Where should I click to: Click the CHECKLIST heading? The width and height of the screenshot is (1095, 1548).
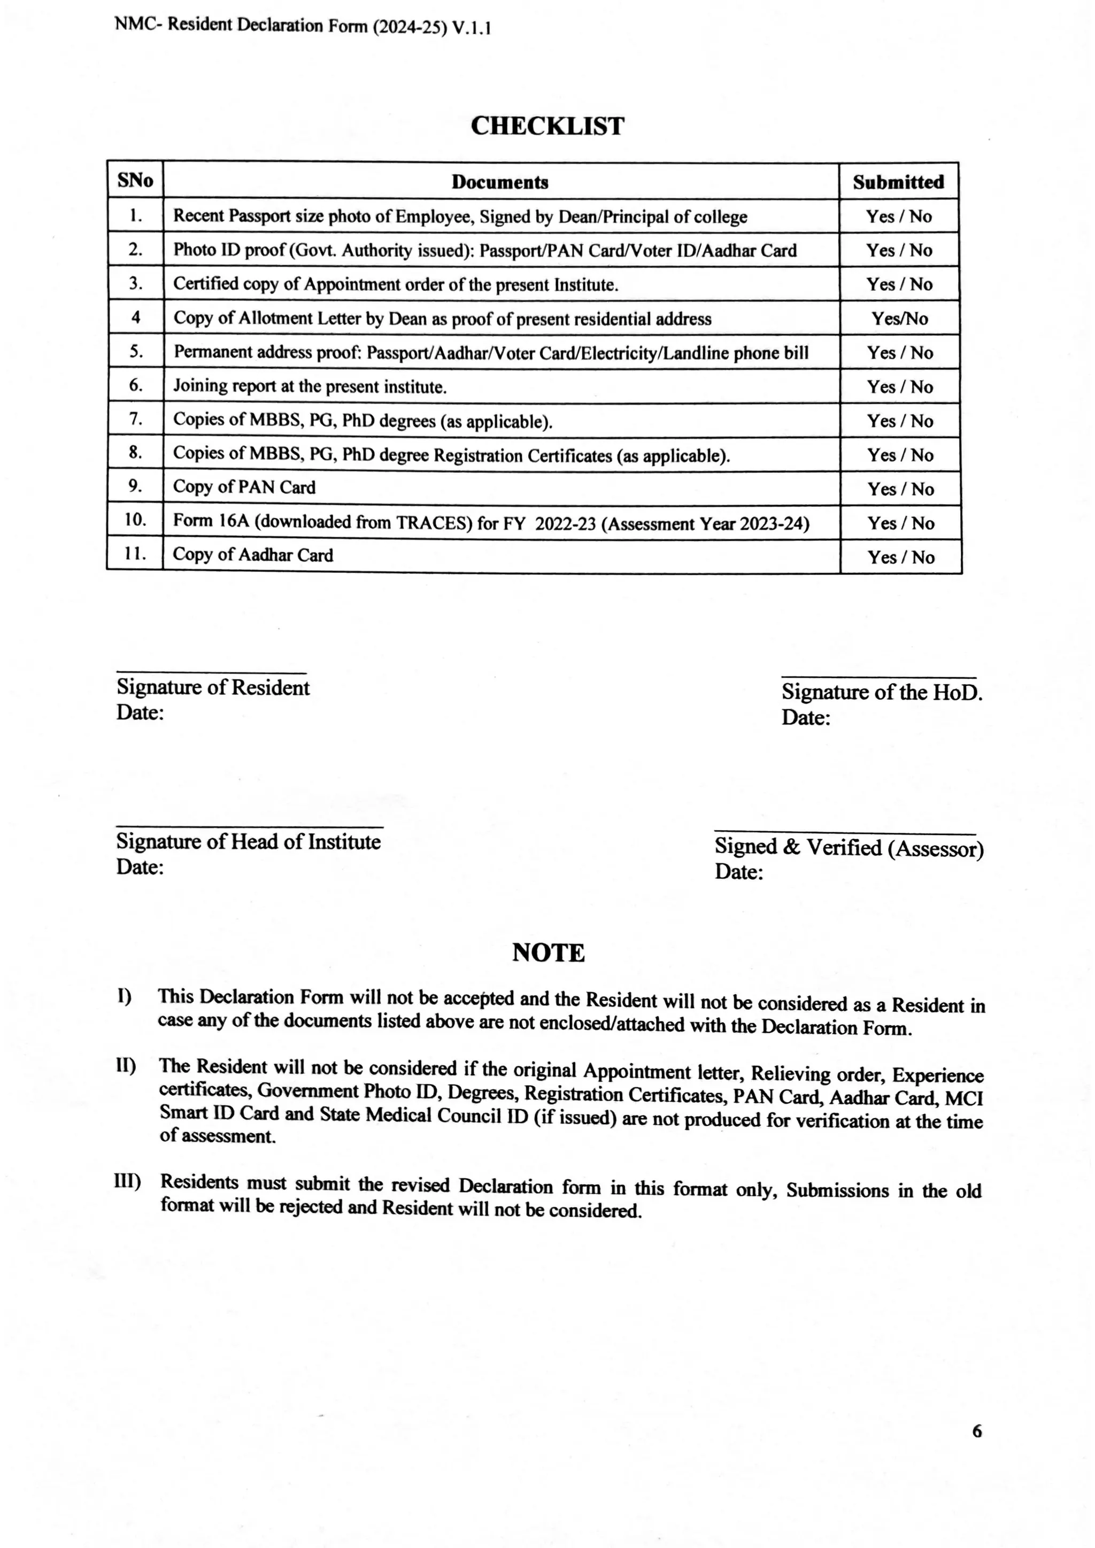(x=547, y=126)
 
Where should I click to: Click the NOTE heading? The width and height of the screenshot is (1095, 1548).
(x=547, y=953)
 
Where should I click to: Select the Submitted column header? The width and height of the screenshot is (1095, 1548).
(x=898, y=182)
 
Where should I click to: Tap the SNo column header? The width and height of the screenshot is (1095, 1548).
(x=135, y=181)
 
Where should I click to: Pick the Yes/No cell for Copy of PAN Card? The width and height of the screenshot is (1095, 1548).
(x=900, y=489)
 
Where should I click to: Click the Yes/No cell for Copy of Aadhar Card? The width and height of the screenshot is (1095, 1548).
(x=901, y=557)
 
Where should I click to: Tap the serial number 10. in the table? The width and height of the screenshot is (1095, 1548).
(x=135, y=520)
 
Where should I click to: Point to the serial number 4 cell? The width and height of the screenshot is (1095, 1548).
(x=135, y=317)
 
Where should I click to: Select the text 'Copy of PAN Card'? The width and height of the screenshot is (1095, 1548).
(x=244, y=487)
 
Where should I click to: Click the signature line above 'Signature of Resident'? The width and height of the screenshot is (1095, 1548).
(x=211, y=673)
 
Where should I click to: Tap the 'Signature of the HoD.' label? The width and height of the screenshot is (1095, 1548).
(x=881, y=692)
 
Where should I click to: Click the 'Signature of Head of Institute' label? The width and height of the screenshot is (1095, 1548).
(x=248, y=841)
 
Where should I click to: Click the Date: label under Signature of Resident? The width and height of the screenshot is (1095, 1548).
(x=140, y=713)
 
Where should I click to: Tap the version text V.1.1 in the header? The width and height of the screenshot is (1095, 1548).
(x=472, y=28)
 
